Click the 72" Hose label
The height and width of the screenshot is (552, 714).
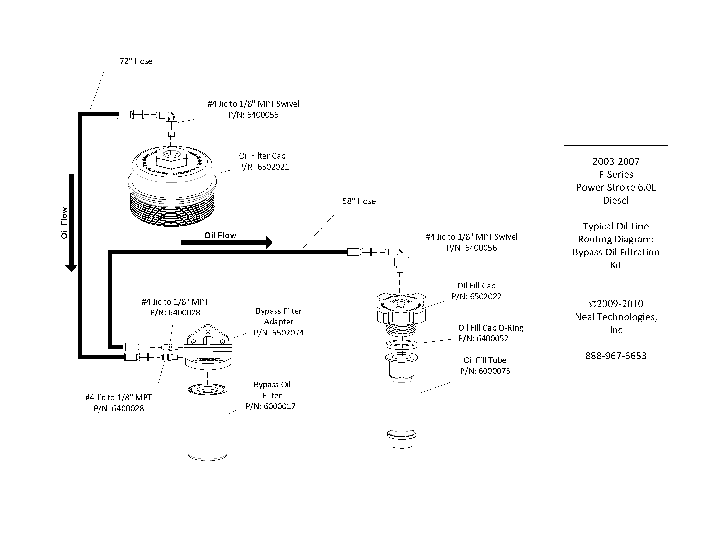point(136,61)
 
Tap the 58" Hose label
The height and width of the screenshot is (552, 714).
point(359,201)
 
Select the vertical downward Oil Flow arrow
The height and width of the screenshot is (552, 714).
point(71,222)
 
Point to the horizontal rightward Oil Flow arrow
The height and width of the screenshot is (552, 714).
point(227,242)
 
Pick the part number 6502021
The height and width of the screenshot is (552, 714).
point(273,167)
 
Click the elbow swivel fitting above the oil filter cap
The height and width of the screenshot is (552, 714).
point(170,118)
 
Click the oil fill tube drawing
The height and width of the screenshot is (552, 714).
point(402,402)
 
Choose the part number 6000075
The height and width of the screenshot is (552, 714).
point(494,371)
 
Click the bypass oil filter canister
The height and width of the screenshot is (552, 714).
point(207,422)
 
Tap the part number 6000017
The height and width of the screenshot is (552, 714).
point(279,406)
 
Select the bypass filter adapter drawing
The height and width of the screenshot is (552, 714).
point(208,346)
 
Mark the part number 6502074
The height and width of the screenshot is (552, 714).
point(288,333)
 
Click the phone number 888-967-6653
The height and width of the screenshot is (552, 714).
point(615,356)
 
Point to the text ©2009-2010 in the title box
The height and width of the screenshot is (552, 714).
point(615,304)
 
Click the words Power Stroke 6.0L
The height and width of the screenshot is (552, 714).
point(615,187)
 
